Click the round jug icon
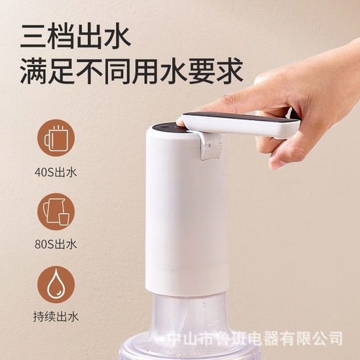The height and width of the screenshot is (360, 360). click(55, 209)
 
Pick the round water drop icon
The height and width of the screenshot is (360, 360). click(55, 283)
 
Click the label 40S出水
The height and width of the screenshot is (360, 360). click(55, 173)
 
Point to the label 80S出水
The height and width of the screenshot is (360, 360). click(55, 243)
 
